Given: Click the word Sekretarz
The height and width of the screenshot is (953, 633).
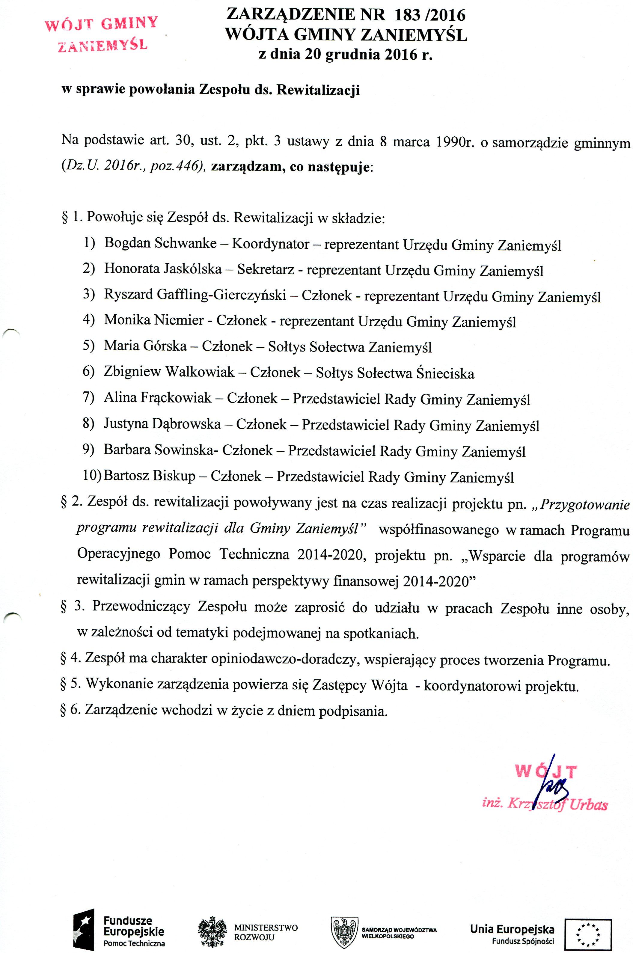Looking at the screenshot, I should pyautogui.click(x=265, y=269).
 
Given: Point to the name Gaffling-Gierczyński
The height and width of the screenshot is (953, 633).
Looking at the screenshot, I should pyautogui.click(x=221, y=295).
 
